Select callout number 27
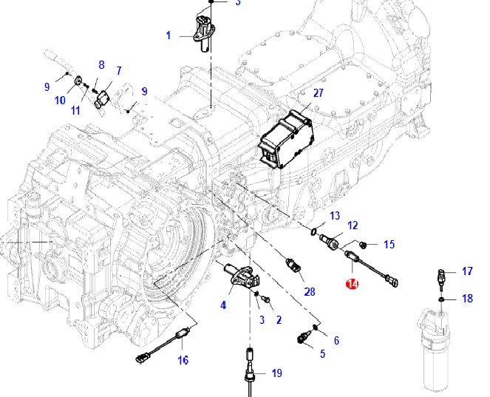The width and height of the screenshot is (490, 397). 319,93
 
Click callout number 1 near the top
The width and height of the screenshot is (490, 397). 168,35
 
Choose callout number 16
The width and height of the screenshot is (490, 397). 183,360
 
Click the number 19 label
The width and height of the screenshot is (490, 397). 276,373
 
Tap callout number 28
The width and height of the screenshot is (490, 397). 309,291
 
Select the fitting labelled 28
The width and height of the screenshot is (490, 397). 294,265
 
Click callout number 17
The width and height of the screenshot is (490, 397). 467,271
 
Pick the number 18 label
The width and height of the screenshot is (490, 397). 467,299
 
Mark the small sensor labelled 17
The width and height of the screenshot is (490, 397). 441,279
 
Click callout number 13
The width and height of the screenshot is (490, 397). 335,215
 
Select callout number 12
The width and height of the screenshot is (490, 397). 353,225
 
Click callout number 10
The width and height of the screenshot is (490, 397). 60,101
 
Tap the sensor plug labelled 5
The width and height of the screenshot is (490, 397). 303,338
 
